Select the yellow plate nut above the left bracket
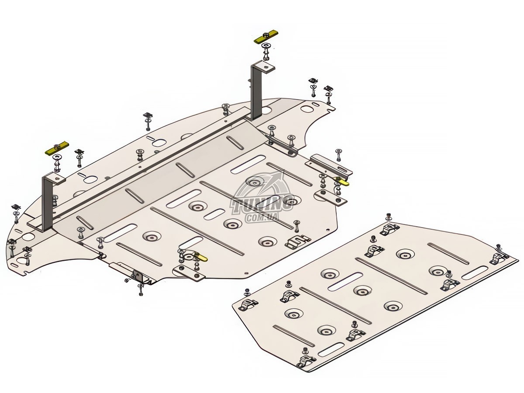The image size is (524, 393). [x=57, y=148]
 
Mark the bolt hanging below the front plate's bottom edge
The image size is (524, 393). [x=141, y=290]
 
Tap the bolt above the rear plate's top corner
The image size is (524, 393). [x=388, y=217]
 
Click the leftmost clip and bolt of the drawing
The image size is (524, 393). [x=16, y=213]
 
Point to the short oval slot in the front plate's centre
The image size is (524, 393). [x=214, y=214]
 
